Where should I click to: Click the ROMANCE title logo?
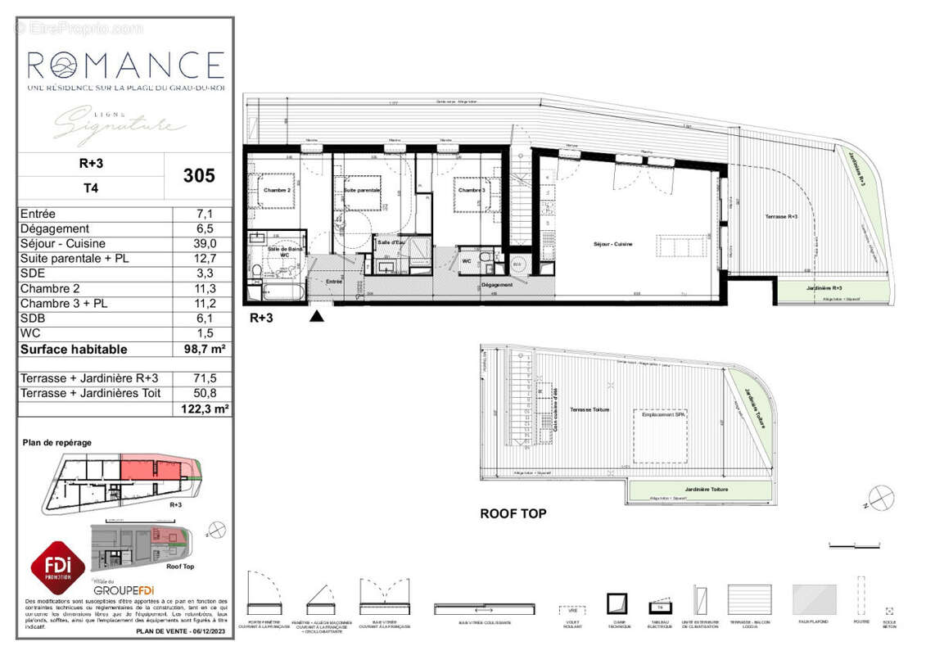pos(125,65)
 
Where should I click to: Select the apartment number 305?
pos(200,175)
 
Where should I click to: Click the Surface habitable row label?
pos(74,349)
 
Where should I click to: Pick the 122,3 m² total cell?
pos(200,409)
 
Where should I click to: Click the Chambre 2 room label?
pos(277,191)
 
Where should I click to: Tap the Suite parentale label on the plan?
pos(361,190)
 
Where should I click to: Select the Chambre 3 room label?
pos(471,191)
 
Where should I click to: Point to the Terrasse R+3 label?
pos(782,216)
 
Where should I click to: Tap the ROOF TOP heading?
pos(513,514)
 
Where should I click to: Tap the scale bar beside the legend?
pos(856,544)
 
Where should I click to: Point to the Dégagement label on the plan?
pos(497,285)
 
